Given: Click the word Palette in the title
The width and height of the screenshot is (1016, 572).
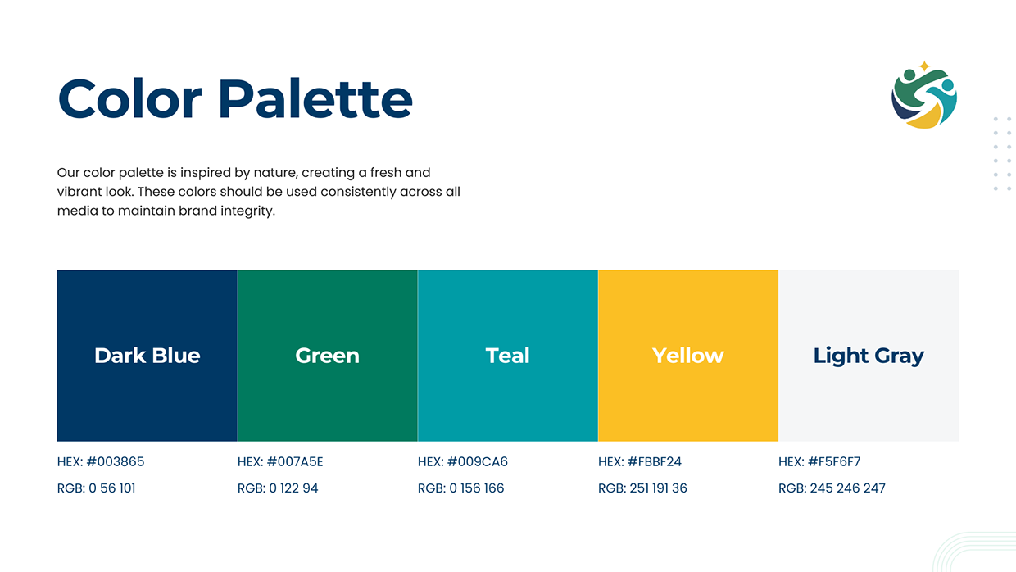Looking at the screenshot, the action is coord(315,98).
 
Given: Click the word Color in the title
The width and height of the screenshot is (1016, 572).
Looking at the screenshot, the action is coord(129,98).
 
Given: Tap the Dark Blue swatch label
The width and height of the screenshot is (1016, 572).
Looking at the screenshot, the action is coord(147,355).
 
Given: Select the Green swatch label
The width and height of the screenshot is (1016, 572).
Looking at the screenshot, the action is coord(327,355).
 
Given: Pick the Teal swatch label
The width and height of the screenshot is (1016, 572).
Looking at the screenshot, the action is coord(507,355).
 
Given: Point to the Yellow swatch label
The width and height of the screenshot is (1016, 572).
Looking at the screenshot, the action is coord(687,355).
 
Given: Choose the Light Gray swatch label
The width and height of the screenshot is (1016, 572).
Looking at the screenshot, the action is coord(869,356).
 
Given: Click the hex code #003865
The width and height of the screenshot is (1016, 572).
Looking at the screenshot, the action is coord(116,461).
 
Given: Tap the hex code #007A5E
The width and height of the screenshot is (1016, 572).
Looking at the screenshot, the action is coord(295,461).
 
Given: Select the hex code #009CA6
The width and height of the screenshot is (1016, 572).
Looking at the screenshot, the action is coord(477,461).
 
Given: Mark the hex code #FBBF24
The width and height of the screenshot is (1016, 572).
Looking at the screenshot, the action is coord(654,461).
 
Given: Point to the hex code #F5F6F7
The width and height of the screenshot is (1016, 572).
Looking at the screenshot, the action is coord(834,461).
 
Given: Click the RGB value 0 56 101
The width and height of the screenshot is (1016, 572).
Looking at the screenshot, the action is coord(112,488).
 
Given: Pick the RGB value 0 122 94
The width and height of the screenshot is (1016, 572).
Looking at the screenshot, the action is coord(293,488).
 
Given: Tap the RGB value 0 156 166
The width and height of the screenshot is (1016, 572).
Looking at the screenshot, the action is coord(477,488).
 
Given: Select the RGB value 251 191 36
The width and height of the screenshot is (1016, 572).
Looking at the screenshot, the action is coord(658,488).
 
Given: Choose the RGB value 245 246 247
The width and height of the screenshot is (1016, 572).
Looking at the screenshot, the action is coord(847,488).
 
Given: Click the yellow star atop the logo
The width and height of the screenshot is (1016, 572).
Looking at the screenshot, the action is coord(924,66).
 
